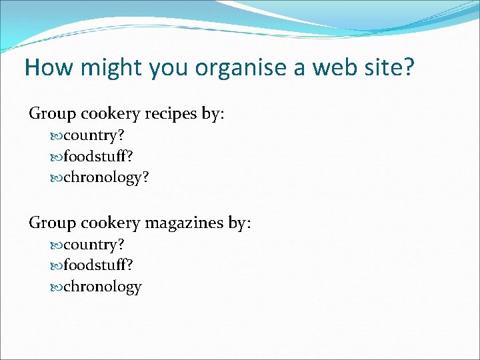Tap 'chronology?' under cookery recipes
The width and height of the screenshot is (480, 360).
click(x=106, y=179)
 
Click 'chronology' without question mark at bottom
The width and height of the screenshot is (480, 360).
click(x=102, y=287)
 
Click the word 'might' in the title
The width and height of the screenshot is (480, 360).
click(x=101, y=68)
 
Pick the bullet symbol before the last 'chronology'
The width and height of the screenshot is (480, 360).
click(x=56, y=287)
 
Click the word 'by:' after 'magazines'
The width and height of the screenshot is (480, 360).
click(x=239, y=223)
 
